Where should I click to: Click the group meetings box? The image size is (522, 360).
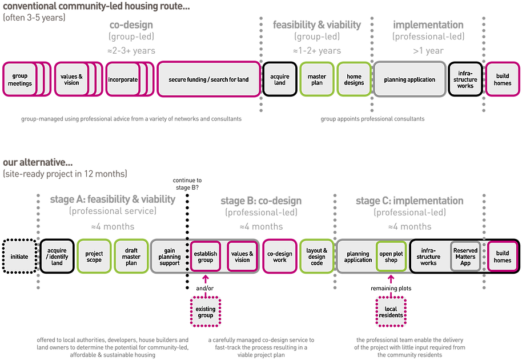pyautogui.click(x=19, y=79)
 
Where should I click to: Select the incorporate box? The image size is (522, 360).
pyautogui.click(x=122, y=79)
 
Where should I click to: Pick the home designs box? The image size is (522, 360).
pyautogui.click(x=354, y=79)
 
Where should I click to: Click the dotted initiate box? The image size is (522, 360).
pyautogui.click(x=18, y=256)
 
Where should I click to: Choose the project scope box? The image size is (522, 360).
pyautogui.click(x=94, y=256)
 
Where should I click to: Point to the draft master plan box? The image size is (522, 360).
pyautogui.click(x=130, y=256)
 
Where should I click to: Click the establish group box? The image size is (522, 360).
pyautogui.click(x=205, y=256)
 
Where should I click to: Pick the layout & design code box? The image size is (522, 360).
pyautogui.click(x=316, y=256)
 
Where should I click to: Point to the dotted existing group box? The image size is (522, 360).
pyautogui.click(x=205, y=312)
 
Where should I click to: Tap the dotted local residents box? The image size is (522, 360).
pyautogui.click(x=391, y=312)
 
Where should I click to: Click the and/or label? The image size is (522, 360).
pyautogui.click(x=205, y=289)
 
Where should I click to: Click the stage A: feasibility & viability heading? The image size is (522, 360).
pyautogui.click(x=113, y=201)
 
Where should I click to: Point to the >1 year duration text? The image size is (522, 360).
pyautogui.click(x=428, y=50)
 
